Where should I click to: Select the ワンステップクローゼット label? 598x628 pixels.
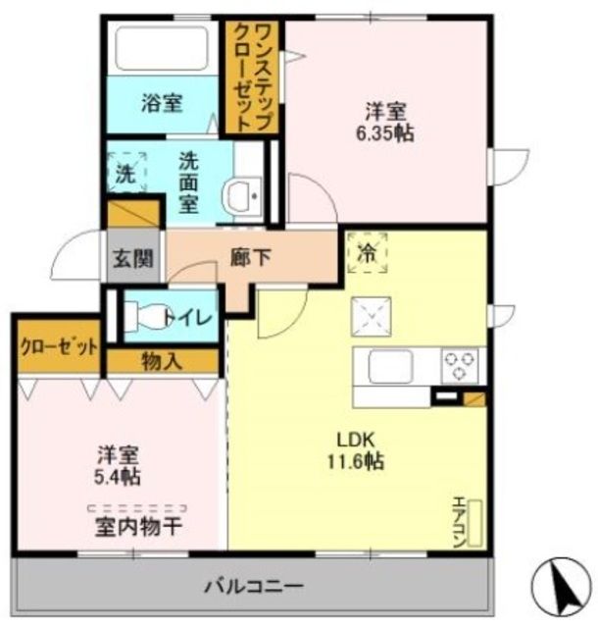(251, 76)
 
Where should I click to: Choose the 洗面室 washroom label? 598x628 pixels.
(188, 183)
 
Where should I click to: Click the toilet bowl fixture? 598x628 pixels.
(147, 316)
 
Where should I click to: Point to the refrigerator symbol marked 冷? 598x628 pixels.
(367, 251)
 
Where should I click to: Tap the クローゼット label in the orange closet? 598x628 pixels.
(58, 346)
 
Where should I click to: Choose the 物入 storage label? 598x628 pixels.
(163, 361)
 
